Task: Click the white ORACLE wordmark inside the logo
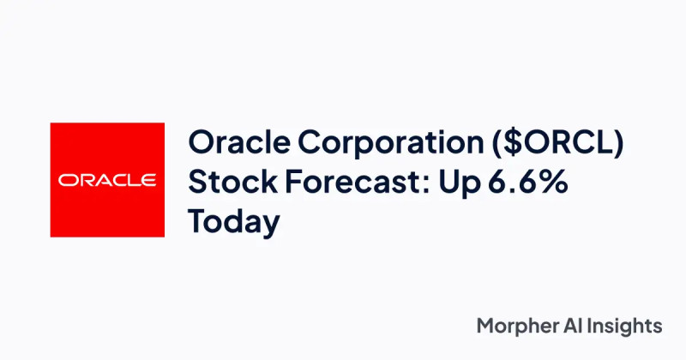click(x=107, y=180)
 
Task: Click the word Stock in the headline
click(x=224, y=183)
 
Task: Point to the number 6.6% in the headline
click(x=522, y=183)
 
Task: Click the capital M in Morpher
click(x=484, y=326)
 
